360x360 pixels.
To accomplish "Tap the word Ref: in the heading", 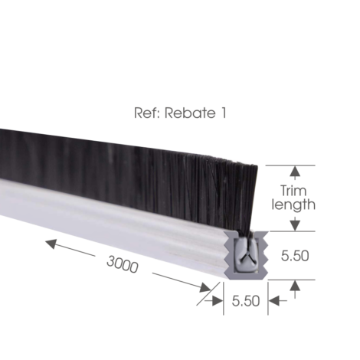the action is click(x=146, y=113).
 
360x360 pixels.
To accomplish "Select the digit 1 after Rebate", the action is click(x=223, y=113).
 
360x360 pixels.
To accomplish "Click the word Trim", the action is click(x=293, y=191).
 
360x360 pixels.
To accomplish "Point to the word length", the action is click(x=293, y=205).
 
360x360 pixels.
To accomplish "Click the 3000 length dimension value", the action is click(x=123, y=264).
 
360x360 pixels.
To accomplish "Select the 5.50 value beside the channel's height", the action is click(x=295, y=256).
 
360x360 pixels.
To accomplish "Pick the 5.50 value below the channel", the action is click(x=246, y=301).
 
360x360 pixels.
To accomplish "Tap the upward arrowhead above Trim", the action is click(x=295, y=171).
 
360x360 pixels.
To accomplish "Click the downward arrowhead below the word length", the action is click(x=295, y=225).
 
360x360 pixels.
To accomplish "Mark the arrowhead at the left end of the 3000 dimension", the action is click(x=51, y=244).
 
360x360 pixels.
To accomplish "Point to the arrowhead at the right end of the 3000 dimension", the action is click(x=205, y=288).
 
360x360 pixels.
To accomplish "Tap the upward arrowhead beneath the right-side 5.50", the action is click(x=295, y=286).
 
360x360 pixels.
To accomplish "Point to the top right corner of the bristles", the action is click(x=257, y=166).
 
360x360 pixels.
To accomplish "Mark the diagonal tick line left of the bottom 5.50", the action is click(x=208, y=293).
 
